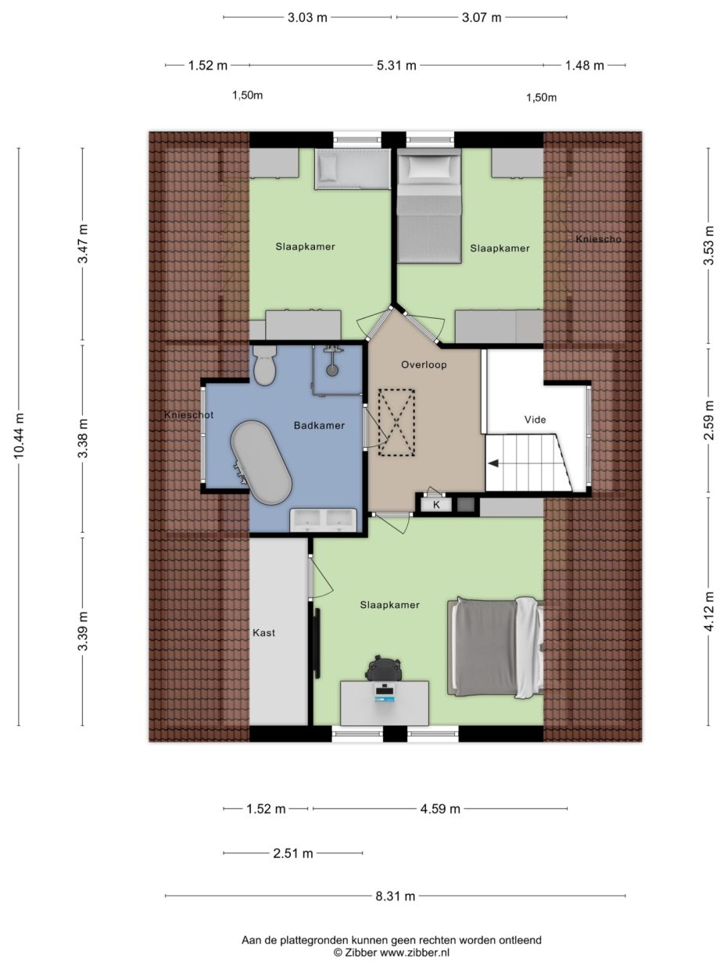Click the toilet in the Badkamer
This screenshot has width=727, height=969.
(264, 365)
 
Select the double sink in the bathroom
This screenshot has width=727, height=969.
(323, 520)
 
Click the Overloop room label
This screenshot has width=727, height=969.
(424, 365)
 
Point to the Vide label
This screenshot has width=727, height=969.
(535, 420)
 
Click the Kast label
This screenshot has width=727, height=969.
(263, 633)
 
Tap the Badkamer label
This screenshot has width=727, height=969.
(319, 426)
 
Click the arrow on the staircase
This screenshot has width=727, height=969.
(494, 463)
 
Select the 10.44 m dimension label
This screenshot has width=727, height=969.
(19, 436)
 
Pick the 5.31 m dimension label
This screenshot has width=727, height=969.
(396, 66)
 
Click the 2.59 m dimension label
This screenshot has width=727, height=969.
(708, 420)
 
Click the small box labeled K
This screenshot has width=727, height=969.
(436, 505)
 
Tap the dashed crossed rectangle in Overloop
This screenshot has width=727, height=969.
(397, 423)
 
